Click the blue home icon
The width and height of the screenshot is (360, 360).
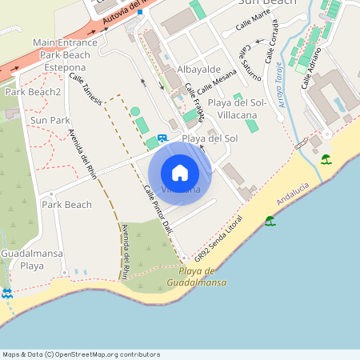pyautogui.click(x=180, y=172)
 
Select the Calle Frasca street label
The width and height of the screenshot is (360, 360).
pyautogui.click(x=195, y=99)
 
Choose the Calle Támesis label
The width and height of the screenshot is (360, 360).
pyautogui.click(x=86, y=90)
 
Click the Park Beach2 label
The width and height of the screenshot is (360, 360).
pyautogui.click(x=33, y=92)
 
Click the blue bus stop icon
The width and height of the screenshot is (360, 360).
pyautogui.click(x=163, y=138)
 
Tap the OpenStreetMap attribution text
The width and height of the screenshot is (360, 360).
pyautogui.click(x=81, y=354)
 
